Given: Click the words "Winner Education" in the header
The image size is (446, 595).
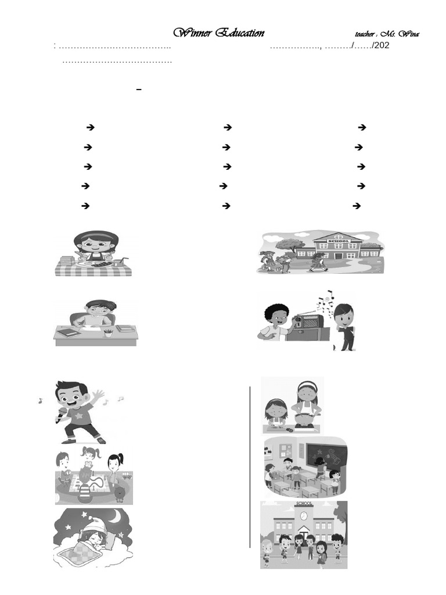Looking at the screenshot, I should pyautogui.click(x=219, y=33).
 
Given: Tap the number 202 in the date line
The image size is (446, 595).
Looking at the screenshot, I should pyautogui.click(x=381, y=45).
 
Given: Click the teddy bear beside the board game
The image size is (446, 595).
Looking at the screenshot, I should pyautogui.click(x=120, y=493).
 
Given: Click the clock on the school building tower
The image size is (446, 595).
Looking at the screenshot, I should pyautogui.click(x=304, y=515).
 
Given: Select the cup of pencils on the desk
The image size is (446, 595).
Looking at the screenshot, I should pyautogui.click(x=108, y=332).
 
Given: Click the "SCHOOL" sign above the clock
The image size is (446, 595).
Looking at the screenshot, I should pyautogui.click(x=304, y=503).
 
